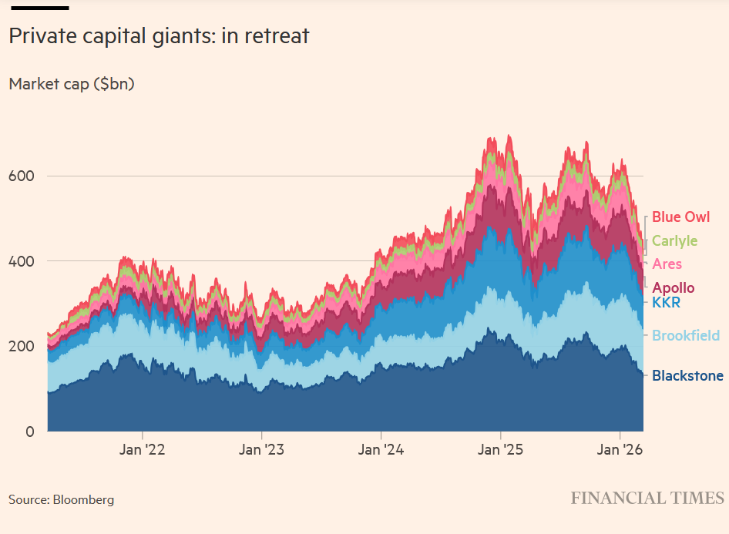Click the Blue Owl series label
(x=680, y=217)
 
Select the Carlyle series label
(x=674, y=241)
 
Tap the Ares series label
(x=667, y=264)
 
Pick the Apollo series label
(x=673, y=288)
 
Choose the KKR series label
(x=666, y=303)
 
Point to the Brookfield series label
(x=686, y=335)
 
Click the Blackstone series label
(x=687, y=376)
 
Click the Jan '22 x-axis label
(x=142, y=450)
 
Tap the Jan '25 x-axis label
(x=501, y=450)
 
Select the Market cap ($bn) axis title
(x=72, y=83)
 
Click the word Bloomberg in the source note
(x=83, y=499)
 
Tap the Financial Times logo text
(x=647, y=498)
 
